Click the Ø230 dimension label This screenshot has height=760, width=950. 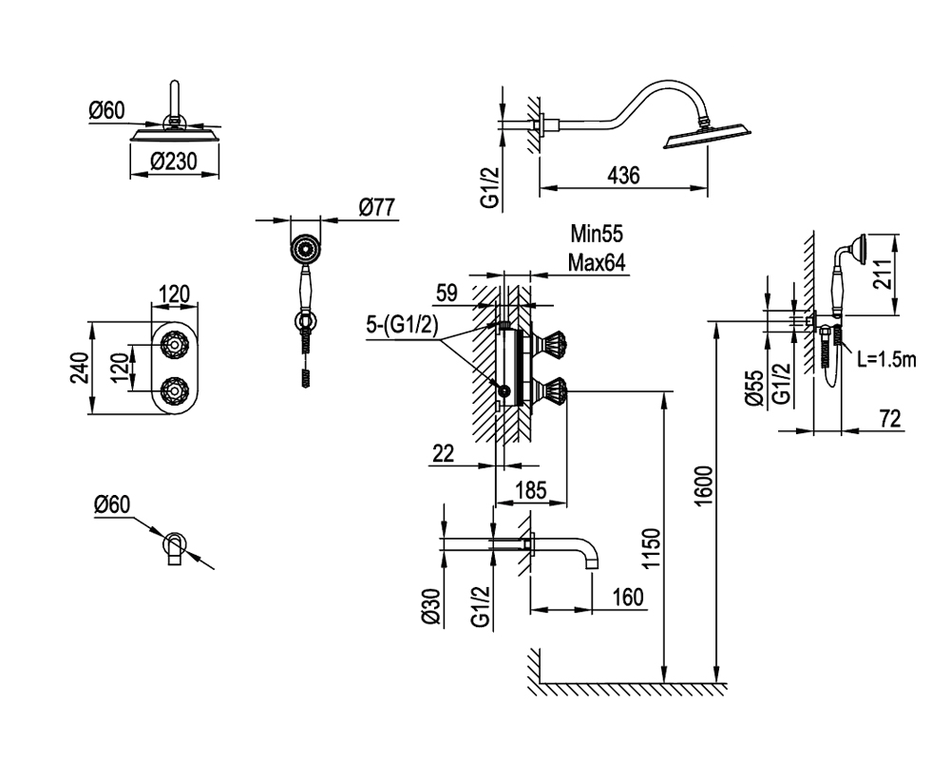coord(174,161)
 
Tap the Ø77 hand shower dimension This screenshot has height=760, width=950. coord(376,207)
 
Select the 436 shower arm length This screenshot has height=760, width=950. coord(623,175)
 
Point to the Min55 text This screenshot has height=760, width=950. coord(597,234)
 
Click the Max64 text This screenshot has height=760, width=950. coord(597,262)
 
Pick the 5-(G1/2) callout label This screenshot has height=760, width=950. coord(402,325)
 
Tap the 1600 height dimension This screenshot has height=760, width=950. coord(703,486)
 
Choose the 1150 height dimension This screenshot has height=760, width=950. coord(651,548)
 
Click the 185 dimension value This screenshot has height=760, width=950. coord(530,489)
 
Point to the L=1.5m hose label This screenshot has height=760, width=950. coord(886,359)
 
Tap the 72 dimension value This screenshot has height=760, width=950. coord(889,418)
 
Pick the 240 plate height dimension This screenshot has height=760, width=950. coord(80,368)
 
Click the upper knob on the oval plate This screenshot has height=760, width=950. coord(174,345)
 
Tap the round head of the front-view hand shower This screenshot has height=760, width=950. coord(305,249)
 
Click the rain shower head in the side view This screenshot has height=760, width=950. coord(707,136)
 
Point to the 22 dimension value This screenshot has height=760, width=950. coord(444,453)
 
